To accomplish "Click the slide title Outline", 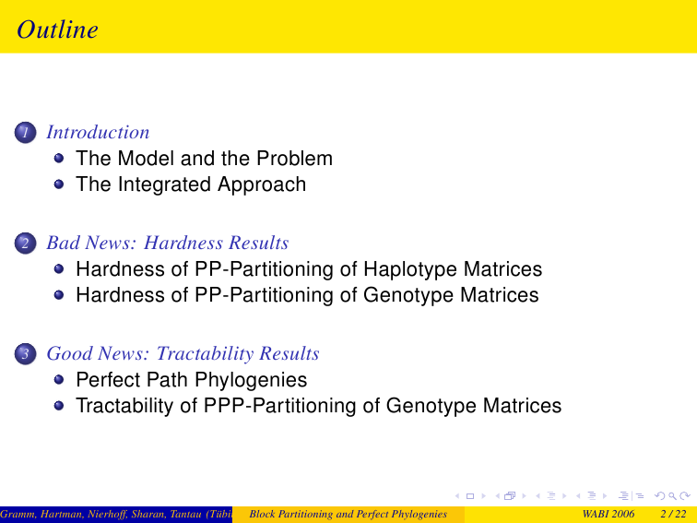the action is pyautogui.click(x=57, y=30).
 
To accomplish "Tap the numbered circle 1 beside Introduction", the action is pyautogui.click(x=25, y=133).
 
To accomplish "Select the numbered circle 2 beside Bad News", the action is pyautogui.click(x=25, y=244).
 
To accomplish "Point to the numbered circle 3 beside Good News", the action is pyautogui.click(x=25, y=354).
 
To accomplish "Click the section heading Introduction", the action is pyautogui.click(x=98, y=132).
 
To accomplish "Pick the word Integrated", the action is pyautogui.click(x=164, y=185).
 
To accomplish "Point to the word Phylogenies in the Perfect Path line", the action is pyautogui.click(x=251, y=380).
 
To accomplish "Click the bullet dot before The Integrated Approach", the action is pyautogui.click(x=59, y=184).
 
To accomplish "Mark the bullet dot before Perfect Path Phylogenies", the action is pyautogui.click(x=59, y=379).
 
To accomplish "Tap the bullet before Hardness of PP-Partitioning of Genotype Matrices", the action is pyautogui.click(x=59, y=295).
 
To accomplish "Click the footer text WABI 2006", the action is pyautogui.click(x=608, y=514).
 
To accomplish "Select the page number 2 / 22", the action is pyautogui.click(x=673, y=514).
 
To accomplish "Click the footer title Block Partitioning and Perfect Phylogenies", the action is pyautogui.click(x=348, y=514).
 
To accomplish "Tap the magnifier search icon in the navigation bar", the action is pyautogui.click(x=672, y=496).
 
